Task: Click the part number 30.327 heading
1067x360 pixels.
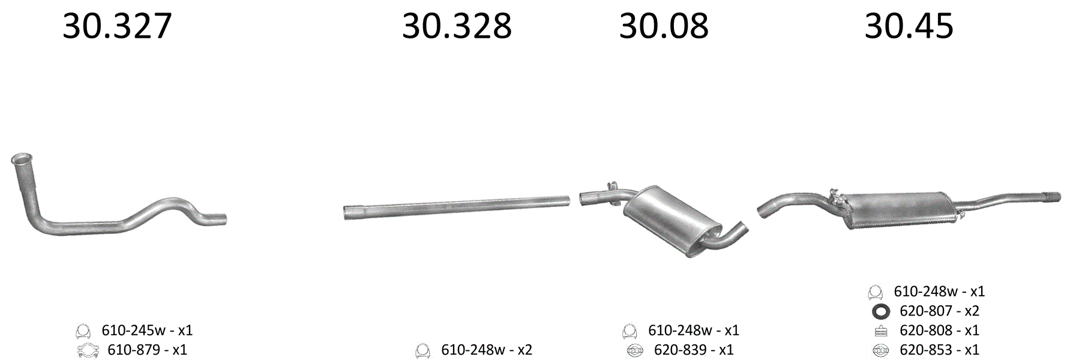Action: pos(117,26)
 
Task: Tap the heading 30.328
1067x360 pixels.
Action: pos(457,26)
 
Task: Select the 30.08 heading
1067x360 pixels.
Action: pos(664,26)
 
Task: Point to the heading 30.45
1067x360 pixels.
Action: pos(909,26)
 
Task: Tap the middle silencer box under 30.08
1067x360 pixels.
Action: pos(671,219)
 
